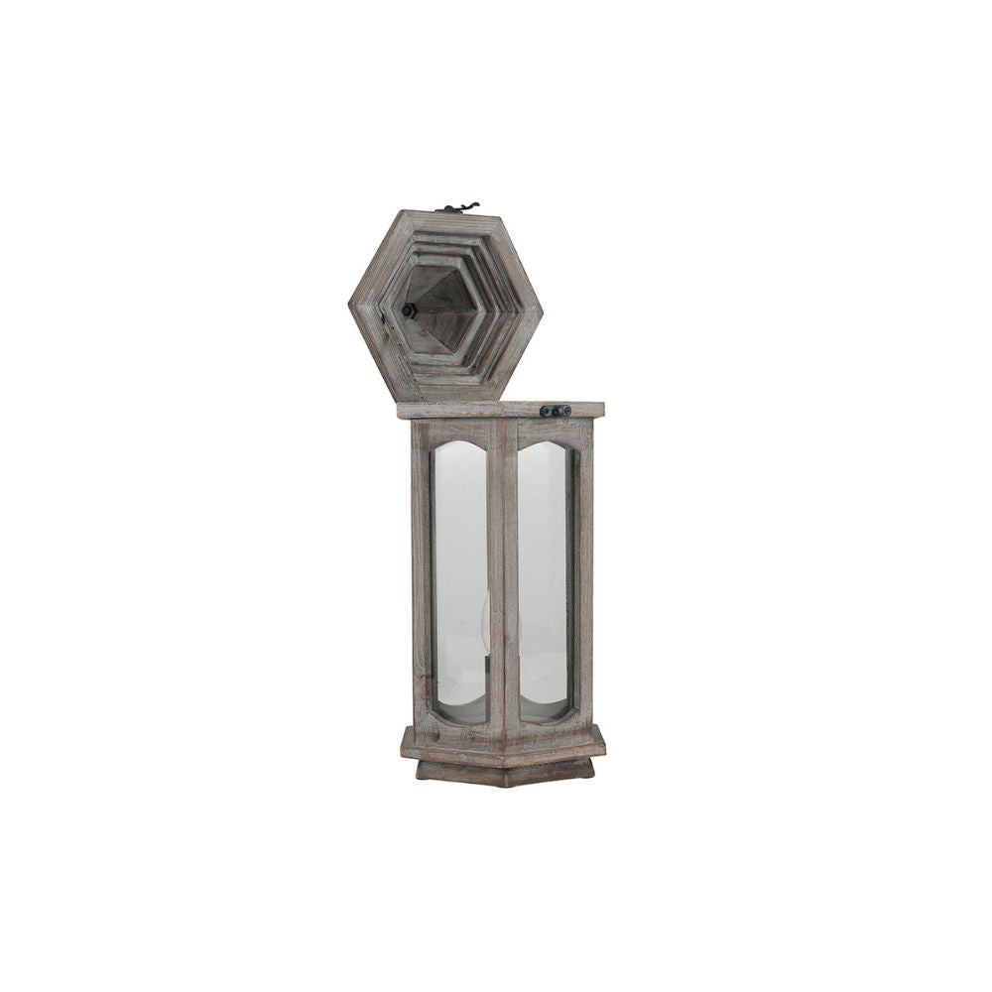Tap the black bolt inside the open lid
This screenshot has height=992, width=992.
pyautogui.click(x=408, y=310)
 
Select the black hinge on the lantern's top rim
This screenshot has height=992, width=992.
pyautogui.click(x=556, y=411)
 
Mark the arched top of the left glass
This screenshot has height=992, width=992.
pyautogui.click(x=460, y=446)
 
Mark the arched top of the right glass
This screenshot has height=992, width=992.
pyautogui.click(x=544, y=446)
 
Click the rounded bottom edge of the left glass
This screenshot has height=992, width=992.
pyautogui.click(x=460, y=716)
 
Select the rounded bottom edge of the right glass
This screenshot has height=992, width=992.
pyautogui.click(x=544, y=716)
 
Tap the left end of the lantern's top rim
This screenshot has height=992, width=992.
pyautogui.click(x=401, y=410)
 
